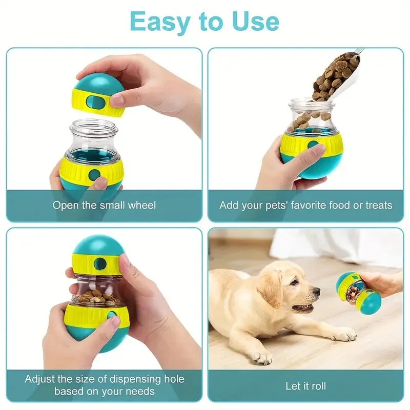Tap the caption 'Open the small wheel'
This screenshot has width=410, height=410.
pos(105,206)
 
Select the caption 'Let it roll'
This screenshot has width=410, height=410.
pos(305,386)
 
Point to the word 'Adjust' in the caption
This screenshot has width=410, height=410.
pos(42,380)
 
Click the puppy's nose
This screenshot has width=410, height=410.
pos(316,292)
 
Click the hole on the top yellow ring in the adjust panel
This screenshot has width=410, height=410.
pos(100,264)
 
